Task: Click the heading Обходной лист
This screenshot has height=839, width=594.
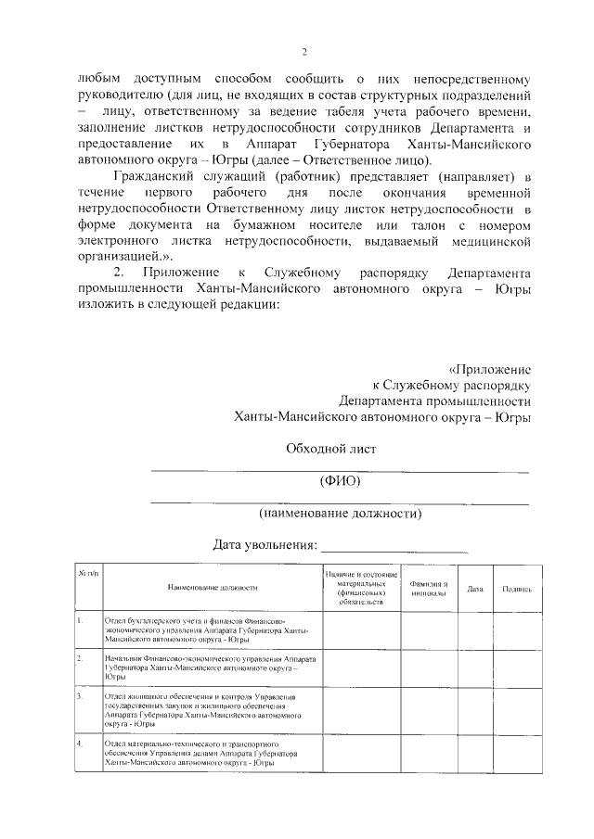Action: click(x=331, y=450)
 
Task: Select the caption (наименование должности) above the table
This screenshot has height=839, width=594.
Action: click(x=340, y=512)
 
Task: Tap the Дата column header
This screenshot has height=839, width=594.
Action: click(x=474, y=588)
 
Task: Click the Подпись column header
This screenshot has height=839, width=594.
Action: click(x=516, y=588)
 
